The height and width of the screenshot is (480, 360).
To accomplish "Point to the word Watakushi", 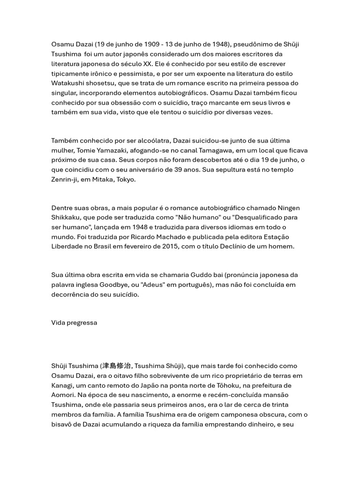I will (x=67, y=83).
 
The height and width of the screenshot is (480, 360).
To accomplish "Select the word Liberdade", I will (x=67, y=247).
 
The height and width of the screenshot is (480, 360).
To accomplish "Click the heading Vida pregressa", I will (x=74, y=322).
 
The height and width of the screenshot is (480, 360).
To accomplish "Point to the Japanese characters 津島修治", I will (x=117, y=366).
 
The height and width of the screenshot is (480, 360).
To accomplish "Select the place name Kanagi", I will (x=63, y=385).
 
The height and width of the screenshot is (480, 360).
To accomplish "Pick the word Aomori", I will (x=63, y=395).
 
